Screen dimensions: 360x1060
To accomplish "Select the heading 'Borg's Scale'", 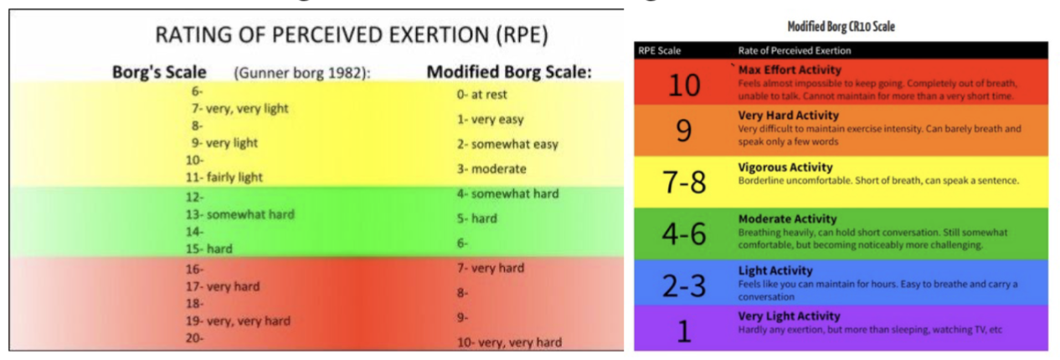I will pyautogui.click(x=159, y=72).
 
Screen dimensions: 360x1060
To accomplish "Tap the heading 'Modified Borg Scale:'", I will pyautogui.click(x=509, y=72).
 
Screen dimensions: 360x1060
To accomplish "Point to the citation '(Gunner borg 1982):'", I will pyautogui.click(x=302, y=73).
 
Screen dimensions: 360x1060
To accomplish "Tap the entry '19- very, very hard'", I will pyautogui.click(x=240, y=321).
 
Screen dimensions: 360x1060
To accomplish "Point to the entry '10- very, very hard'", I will pyautogui.click(x=509, y=342).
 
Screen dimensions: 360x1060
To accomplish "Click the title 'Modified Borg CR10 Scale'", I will pyautogui.click(x=841, y=27).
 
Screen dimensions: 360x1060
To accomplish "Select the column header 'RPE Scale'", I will pyautogui.click(x=660, y=50).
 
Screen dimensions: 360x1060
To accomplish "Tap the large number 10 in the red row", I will pyautogui.click(x=683, y=85).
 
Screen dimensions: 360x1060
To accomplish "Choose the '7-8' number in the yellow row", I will pyautogui.click(x=683, y=183).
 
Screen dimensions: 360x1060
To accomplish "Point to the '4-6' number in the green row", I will pyautogui.click(x=683, y=234).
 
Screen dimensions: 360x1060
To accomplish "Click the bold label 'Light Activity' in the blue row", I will pyautogui.click(x=774, y=270).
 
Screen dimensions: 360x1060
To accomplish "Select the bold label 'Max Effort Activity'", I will pyautogui.click(x=789, y=69).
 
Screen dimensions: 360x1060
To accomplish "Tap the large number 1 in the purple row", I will pyautogui.click(x=683, y=331).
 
